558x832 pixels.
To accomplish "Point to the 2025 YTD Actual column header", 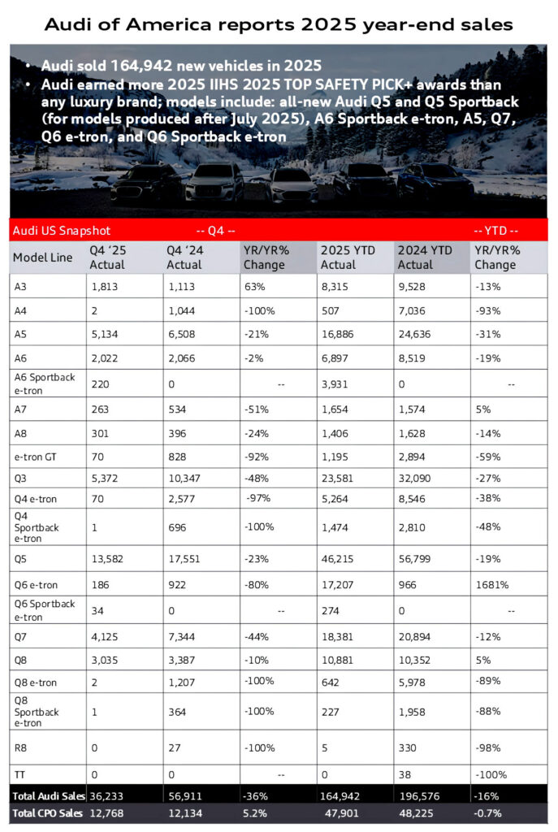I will [348, 258].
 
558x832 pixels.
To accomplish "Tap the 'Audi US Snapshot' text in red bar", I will [61, 231].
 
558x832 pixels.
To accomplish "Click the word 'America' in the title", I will [161, 24].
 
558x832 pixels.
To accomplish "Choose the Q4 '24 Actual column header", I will [184, 258].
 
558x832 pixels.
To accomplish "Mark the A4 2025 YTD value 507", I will [331, 309].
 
